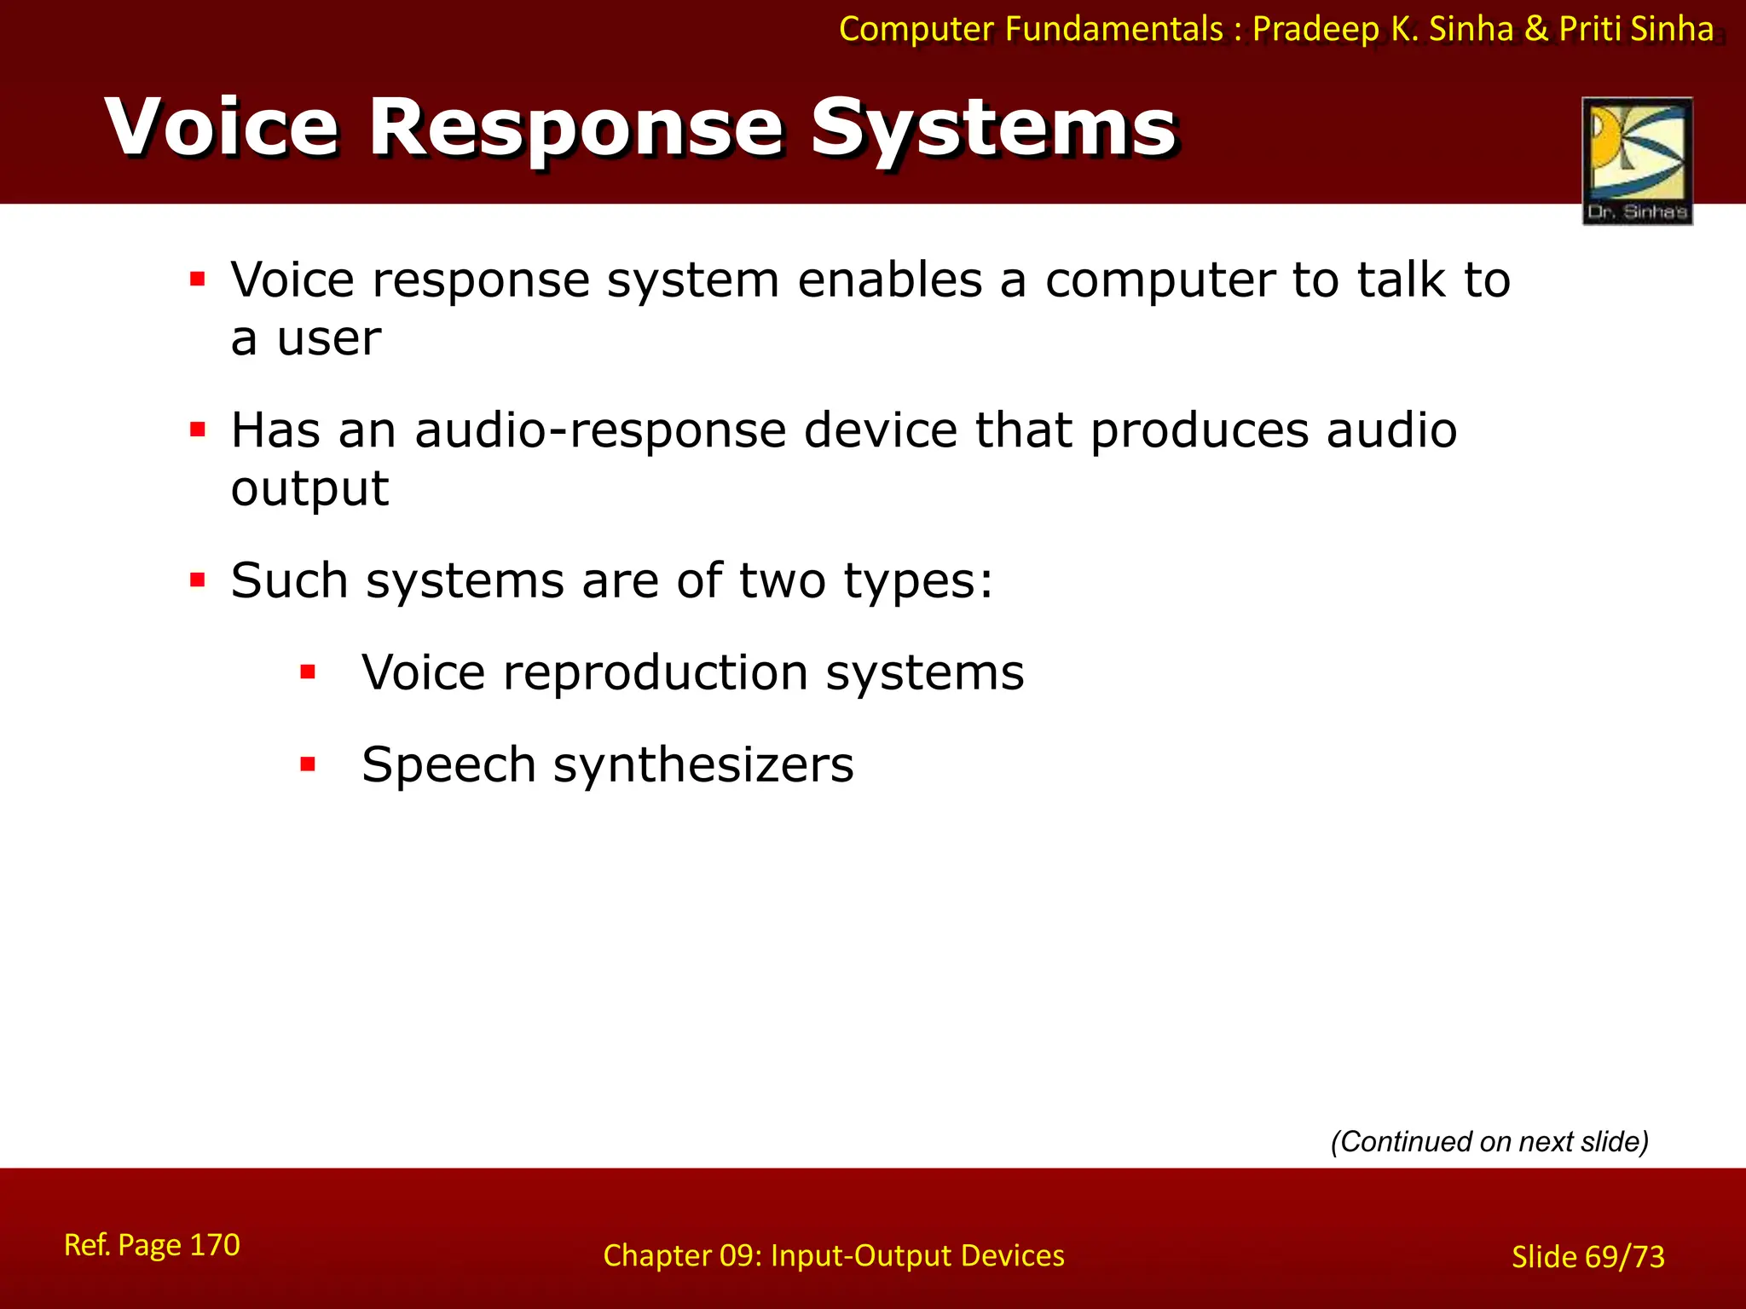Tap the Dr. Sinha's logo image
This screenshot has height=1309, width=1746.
point(1637,160)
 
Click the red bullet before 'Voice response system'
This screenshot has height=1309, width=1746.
point(198,279)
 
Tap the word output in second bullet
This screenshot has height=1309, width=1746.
point(310,488)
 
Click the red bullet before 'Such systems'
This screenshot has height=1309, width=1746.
point(198,580)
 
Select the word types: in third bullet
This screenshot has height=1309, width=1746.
point(918,581)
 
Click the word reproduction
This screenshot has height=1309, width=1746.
point(655,672)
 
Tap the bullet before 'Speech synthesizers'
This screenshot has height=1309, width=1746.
point(308,764)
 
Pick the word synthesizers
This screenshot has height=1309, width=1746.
point(703,764)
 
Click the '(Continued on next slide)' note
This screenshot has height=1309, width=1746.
point(1489,1141)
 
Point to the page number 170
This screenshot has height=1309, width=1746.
point(214,1245)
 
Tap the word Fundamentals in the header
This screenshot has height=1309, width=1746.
point(1113,30)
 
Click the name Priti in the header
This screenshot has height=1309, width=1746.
point(1590,30)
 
